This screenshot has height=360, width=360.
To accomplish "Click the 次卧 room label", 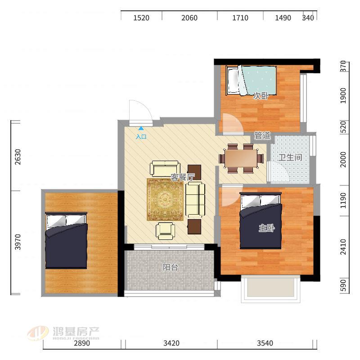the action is (261, 96).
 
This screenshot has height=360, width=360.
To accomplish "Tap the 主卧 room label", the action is (267, 228).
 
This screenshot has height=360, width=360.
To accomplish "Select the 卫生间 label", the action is (290, 157).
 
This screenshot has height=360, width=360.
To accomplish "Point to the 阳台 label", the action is (171, 267).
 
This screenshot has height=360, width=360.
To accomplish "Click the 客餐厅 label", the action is (183, 177).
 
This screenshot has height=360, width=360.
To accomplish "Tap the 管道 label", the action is (262, 135).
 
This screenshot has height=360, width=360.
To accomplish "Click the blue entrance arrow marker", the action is (141, 128).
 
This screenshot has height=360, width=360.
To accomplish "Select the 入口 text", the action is (141, 137).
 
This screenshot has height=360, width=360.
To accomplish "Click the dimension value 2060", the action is (189, 18).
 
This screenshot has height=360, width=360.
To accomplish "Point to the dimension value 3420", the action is (171, 343).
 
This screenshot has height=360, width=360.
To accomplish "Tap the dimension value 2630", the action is (18, 157).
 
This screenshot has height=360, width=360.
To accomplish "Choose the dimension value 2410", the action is (343, 247).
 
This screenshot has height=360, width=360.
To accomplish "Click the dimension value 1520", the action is (141, 18).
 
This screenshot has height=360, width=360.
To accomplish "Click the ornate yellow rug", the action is (165, 199).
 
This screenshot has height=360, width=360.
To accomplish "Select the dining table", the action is (241, 158).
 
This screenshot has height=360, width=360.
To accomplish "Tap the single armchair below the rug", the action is (165, 231).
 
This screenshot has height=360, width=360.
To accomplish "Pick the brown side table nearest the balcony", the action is (194, 227).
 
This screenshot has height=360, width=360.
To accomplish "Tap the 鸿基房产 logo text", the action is (76, 331).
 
